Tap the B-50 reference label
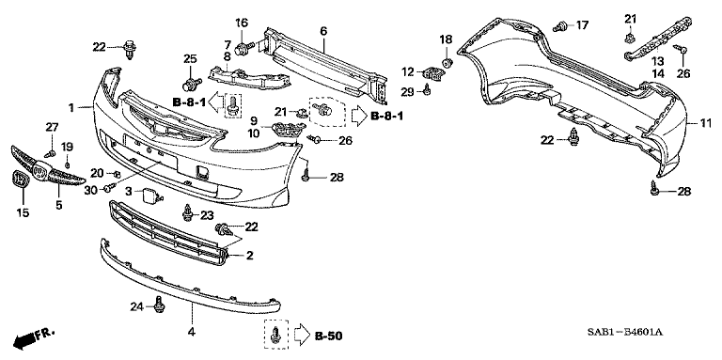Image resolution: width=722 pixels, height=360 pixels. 328,337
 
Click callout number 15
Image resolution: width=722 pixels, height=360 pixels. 23,212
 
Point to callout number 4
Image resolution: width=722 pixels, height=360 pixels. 191,331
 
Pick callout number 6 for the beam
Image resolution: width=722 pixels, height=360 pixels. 322,31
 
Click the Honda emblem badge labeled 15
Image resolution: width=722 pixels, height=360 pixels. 21,179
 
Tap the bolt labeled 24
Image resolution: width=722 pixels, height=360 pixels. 159,305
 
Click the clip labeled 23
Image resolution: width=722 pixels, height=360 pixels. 187,212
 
